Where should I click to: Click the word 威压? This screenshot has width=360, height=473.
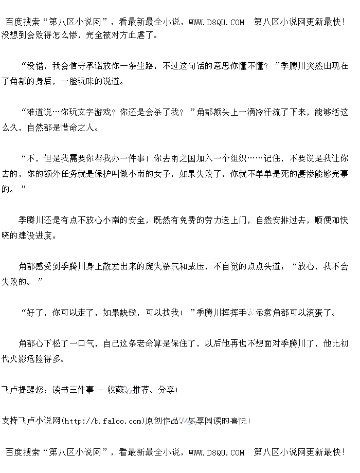196,267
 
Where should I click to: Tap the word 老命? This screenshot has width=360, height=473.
146,343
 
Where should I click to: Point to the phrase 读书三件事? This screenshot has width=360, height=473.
74,390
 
